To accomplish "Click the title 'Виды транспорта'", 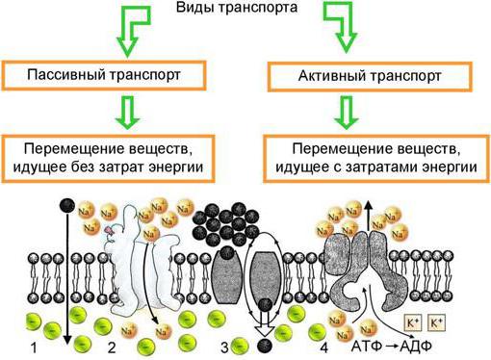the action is [237, 8].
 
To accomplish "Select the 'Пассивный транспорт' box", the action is [104, 75].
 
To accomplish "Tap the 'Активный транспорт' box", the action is [370, 76].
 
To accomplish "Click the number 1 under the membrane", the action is [34, 347].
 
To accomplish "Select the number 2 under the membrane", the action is [112, 347].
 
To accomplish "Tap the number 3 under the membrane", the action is [225, 347].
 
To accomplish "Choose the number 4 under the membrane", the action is [324, 347].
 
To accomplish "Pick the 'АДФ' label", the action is [416, 347].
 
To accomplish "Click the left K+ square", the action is [413, 322].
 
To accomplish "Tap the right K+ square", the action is [437, 322].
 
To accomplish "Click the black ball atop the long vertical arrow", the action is [67, 206].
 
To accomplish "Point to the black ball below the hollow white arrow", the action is [265, 346].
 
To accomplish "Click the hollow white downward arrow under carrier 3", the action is [265, 325].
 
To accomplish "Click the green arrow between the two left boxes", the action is [128, 112].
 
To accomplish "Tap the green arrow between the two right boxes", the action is [346, 112].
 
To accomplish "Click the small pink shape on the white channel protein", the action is [109, 230].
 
